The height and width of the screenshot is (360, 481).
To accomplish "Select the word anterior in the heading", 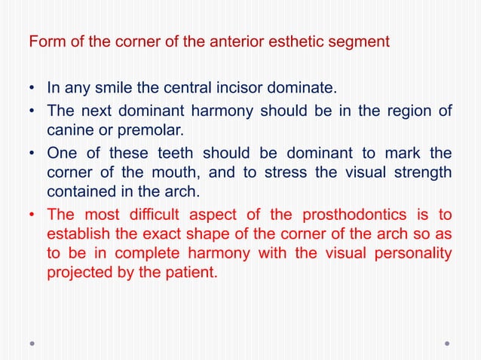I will pos(219,41).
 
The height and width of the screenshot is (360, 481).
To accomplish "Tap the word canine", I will pos(69,131).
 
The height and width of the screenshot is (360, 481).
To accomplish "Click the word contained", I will pos(80,192).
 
